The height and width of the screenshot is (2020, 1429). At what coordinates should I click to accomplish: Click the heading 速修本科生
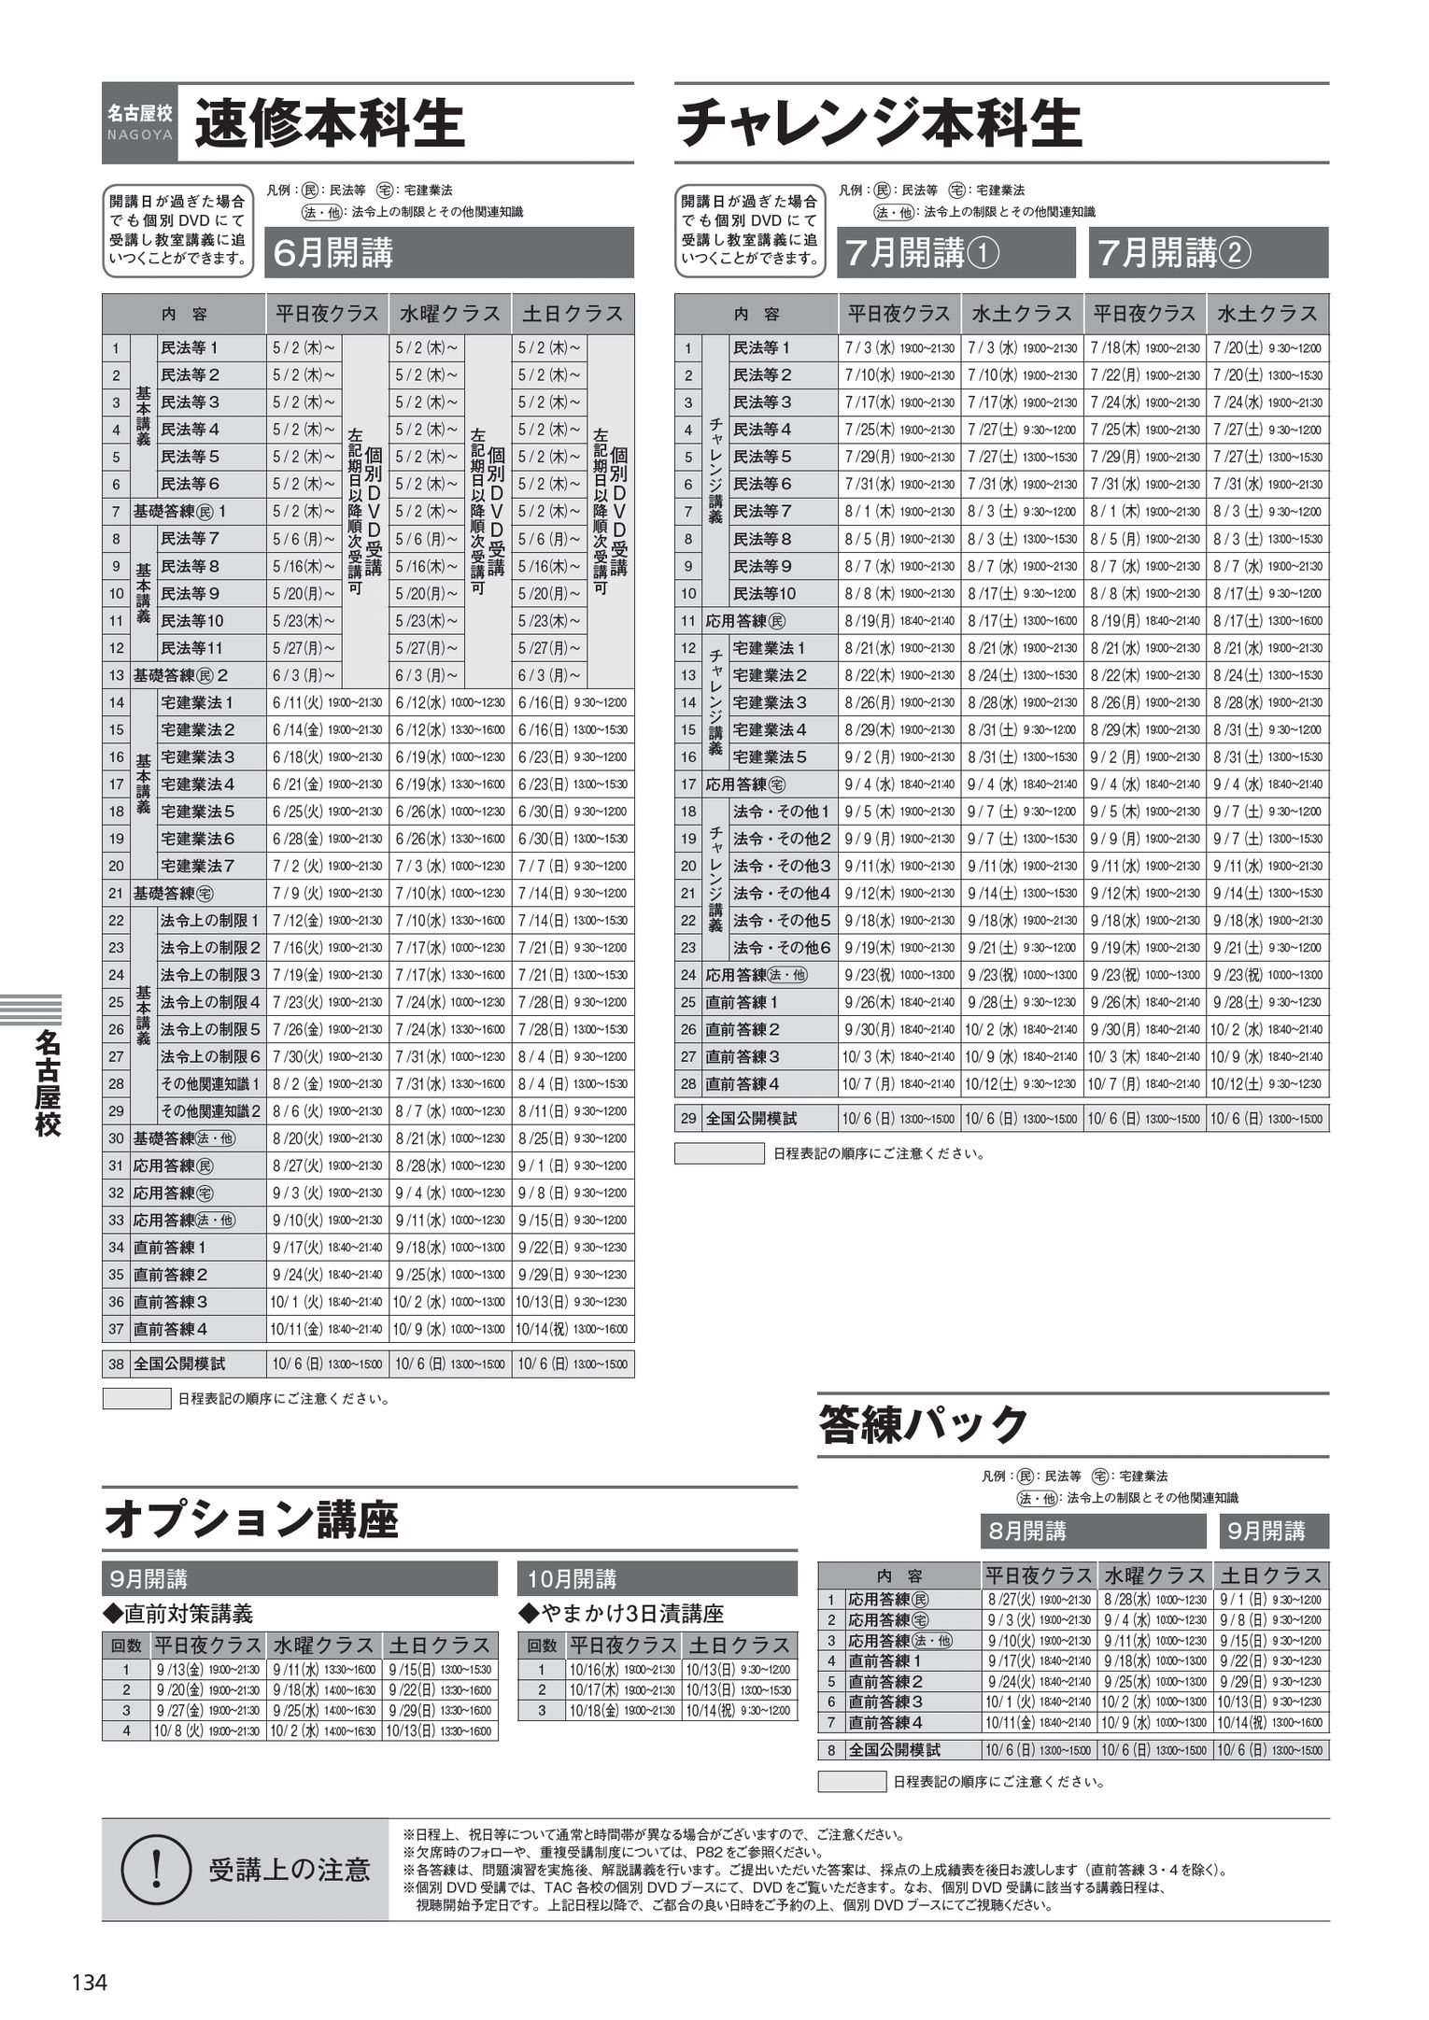(329, 125)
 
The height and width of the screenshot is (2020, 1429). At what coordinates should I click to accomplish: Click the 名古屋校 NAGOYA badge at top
(139, 120)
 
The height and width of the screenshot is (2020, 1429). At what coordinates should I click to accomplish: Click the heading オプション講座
(251, 1519)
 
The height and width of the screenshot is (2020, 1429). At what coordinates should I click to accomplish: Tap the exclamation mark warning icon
(156, 1868)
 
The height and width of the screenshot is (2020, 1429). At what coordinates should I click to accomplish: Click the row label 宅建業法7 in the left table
(197, 866)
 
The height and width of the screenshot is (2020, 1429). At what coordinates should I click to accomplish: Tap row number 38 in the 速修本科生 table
(116, 1364)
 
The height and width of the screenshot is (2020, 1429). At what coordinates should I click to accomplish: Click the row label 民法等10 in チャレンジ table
(764, 593)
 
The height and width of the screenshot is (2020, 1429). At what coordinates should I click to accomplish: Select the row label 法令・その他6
(782, 947)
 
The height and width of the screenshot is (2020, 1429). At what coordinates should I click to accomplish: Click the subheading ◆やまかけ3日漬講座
(622, 1613)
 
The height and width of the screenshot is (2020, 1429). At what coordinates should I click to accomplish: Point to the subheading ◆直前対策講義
(177, 1613)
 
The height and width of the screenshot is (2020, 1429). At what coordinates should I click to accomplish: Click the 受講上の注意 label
(289, 1869)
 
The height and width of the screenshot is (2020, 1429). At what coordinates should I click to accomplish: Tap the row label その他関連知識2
(210, 1111)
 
